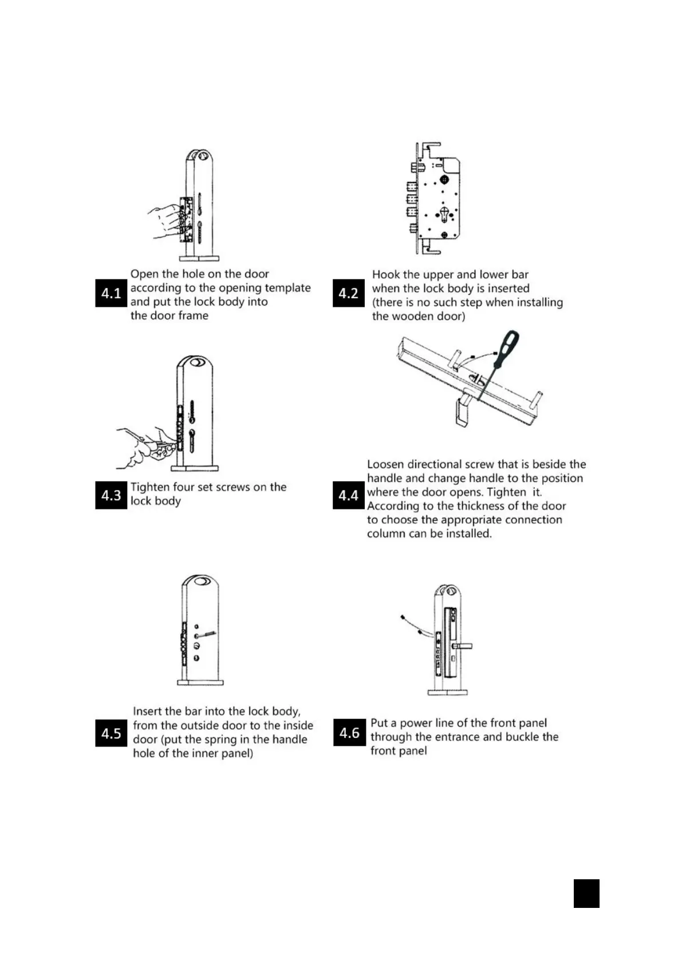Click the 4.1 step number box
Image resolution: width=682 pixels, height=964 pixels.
point(111,293)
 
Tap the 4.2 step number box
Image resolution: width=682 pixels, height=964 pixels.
point(348,293)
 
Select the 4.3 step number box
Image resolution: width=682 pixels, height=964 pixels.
point(111,495)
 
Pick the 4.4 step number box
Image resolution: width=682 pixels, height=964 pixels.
point(348,495)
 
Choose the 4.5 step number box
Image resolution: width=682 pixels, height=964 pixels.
point(111,733)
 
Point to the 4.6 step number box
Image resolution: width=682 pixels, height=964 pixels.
point(349,733)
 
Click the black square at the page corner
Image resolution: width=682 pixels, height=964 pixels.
point(586,894)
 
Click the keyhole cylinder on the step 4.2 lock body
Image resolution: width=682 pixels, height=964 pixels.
point(444,214)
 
